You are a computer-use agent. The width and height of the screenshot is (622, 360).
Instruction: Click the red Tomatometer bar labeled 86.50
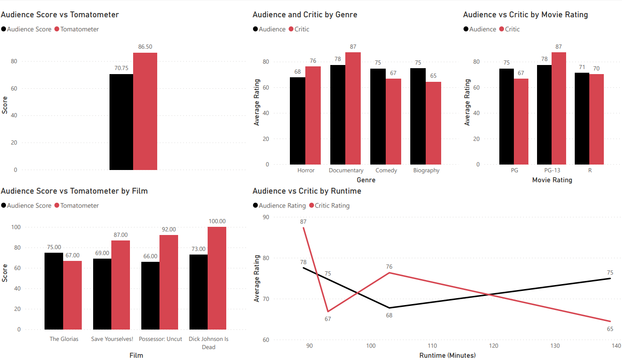[145, 111]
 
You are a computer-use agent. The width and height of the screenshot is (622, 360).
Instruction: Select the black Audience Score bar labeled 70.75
[121, 122]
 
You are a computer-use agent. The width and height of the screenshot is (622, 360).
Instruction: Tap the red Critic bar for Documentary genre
[353, 108]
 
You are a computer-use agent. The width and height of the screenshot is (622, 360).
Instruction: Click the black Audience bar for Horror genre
[298, 121]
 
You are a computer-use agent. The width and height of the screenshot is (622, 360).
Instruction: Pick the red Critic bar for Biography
[433, 123]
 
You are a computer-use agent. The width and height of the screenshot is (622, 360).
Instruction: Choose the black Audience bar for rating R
[582, 119]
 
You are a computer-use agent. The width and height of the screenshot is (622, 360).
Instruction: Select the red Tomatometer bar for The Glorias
[72, 295]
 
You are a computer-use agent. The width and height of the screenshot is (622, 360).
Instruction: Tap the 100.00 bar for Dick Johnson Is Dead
[217, 278]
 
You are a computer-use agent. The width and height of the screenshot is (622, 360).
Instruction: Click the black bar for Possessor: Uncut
[150, 295]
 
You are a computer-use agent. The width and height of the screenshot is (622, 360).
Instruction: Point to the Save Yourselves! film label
[112, 339]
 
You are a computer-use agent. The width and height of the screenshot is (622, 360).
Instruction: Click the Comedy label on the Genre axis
[386, 170]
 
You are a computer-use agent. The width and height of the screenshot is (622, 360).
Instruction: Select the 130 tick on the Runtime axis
[555, 346]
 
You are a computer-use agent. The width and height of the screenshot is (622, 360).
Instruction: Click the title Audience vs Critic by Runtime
[307, 191]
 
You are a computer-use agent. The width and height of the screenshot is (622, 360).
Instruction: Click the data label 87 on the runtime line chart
[303, 222]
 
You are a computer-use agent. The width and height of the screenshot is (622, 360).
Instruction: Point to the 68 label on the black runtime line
[389, 315]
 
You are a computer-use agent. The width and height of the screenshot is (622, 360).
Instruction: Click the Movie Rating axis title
[552, 180]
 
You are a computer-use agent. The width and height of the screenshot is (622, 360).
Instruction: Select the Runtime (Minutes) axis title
[447, 355]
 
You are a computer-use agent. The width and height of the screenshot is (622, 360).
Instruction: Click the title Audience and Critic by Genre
[305, 15]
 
